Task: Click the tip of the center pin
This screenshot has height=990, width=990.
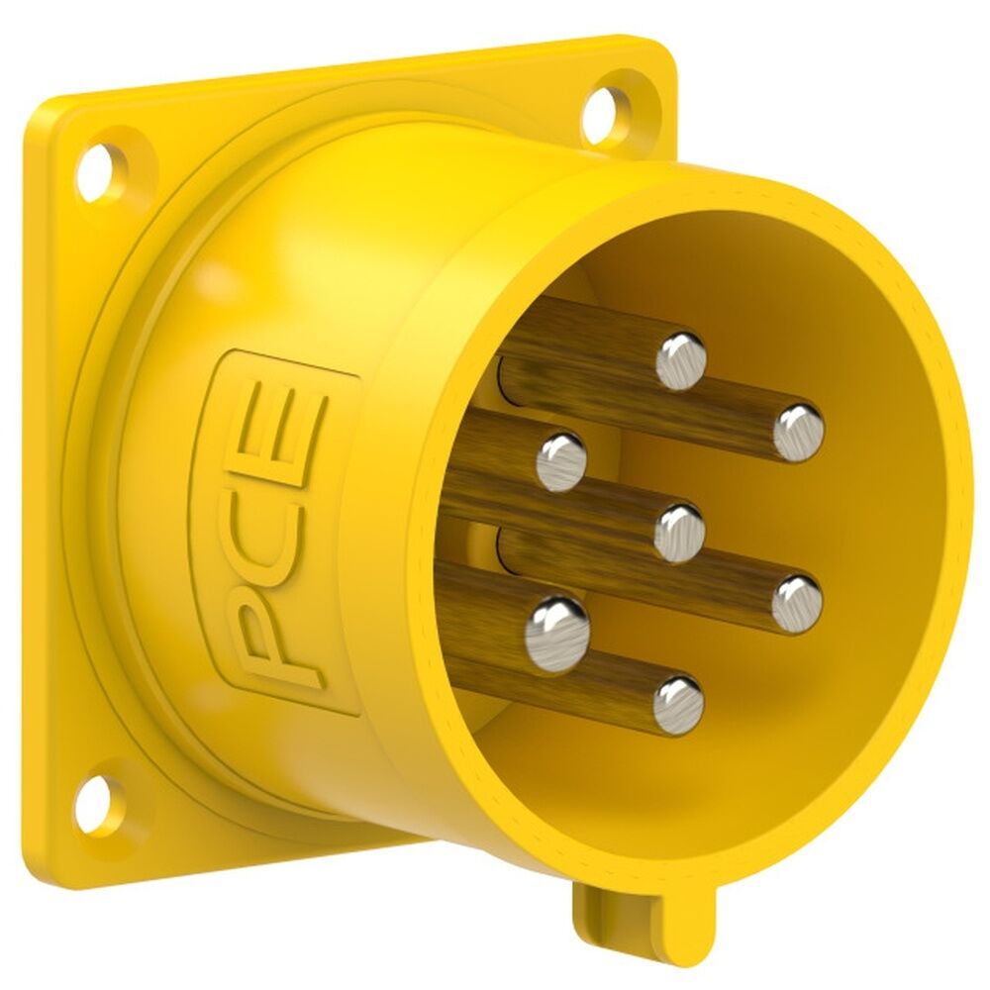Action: pos(679,532)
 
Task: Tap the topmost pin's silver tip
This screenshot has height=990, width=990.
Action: pos(681,360)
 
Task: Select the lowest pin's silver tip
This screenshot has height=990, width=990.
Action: pos(678,704)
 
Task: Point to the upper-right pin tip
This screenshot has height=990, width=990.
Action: pos(798,433)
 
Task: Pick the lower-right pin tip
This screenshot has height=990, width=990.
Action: pos(797,603)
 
